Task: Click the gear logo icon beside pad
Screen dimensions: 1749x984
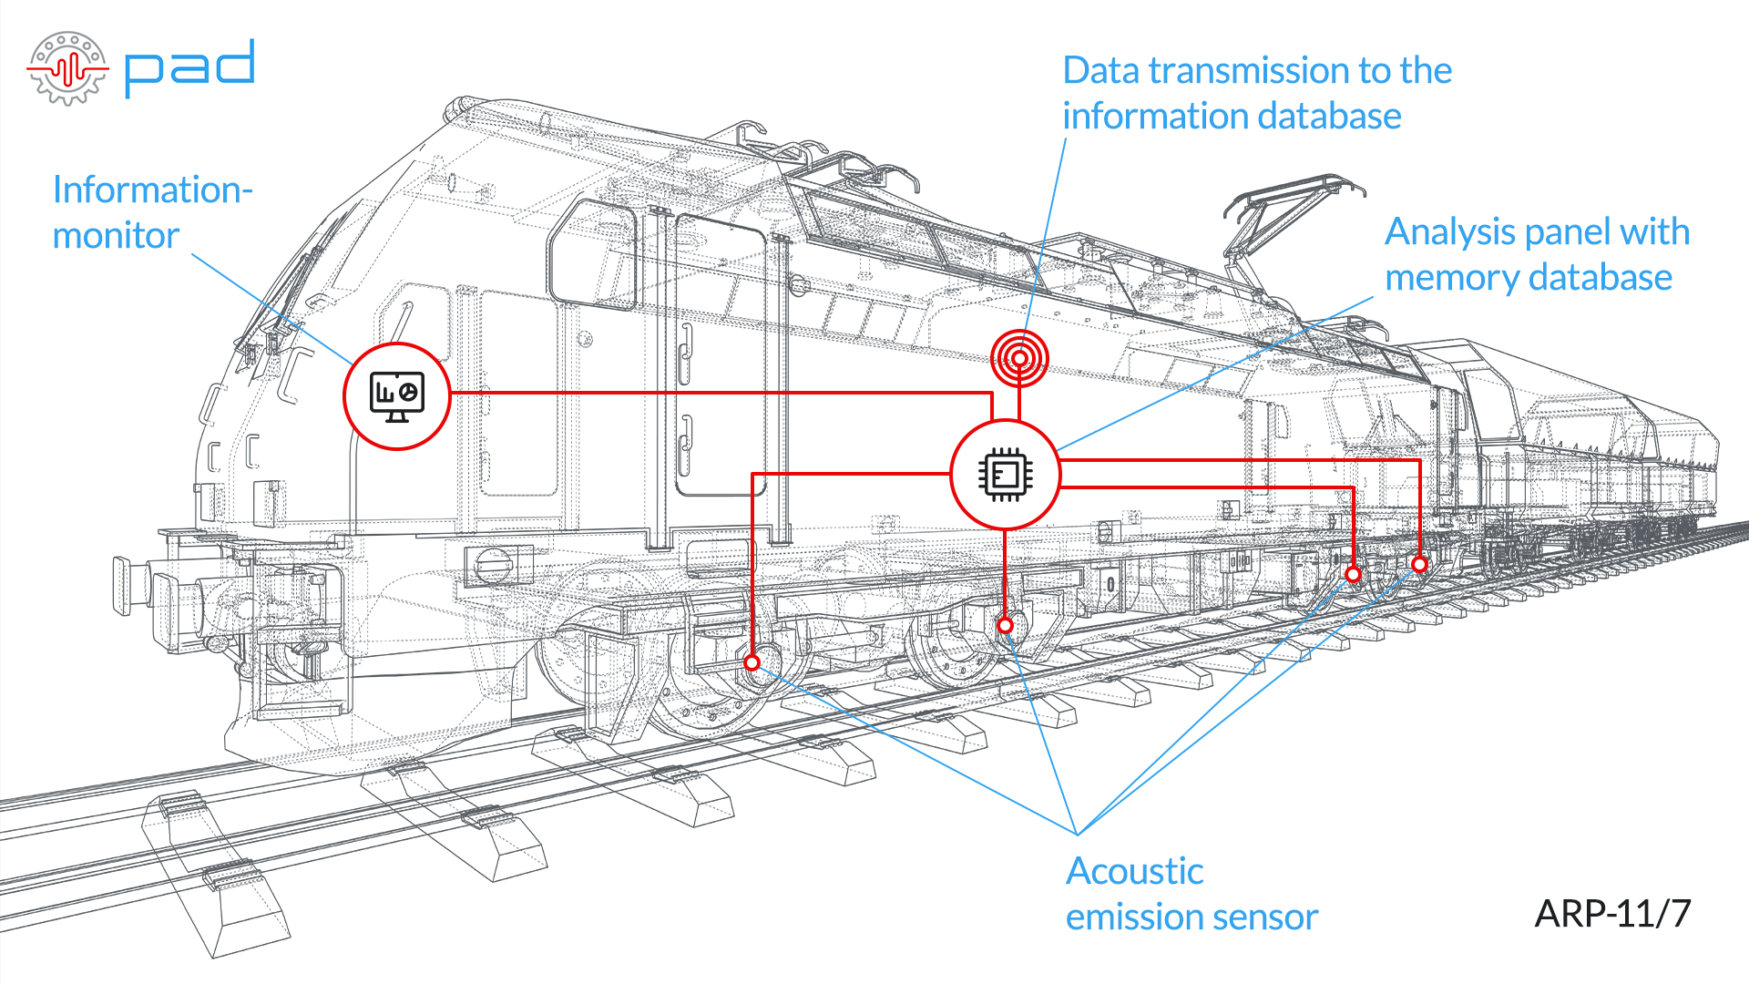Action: (x=67, y=68)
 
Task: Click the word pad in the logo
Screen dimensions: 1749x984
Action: (x=189, y=67)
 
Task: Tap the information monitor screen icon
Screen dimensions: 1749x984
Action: (x=397, y=397)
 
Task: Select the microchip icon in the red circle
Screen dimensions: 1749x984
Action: (x=1005, y=475)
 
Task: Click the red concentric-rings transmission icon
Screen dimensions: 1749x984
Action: (x=1019, y=357)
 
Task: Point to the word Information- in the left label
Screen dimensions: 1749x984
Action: (x=152, y=190)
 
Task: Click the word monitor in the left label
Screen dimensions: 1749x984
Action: (x=116, y=236)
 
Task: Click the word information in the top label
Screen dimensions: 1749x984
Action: (x=1151, y=117)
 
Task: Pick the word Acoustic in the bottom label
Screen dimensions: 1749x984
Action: (x=1135, y=871)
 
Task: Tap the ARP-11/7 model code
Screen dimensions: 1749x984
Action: (x=1612, y=913)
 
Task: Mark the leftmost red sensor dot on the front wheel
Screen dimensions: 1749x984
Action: (x=752, y=662)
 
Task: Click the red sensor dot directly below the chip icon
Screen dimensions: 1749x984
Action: (x=1005, y=625)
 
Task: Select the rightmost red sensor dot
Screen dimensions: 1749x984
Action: (x=1419, y=565)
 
